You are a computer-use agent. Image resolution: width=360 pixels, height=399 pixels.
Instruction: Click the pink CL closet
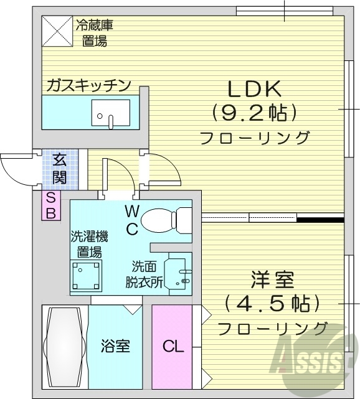(173, 346)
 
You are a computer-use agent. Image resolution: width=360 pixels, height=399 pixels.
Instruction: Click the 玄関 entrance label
(60, 168)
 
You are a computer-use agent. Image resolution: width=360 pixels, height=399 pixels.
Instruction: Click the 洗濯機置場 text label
(89, 244)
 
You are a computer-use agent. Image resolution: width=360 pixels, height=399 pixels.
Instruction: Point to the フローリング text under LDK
(255, 138)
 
